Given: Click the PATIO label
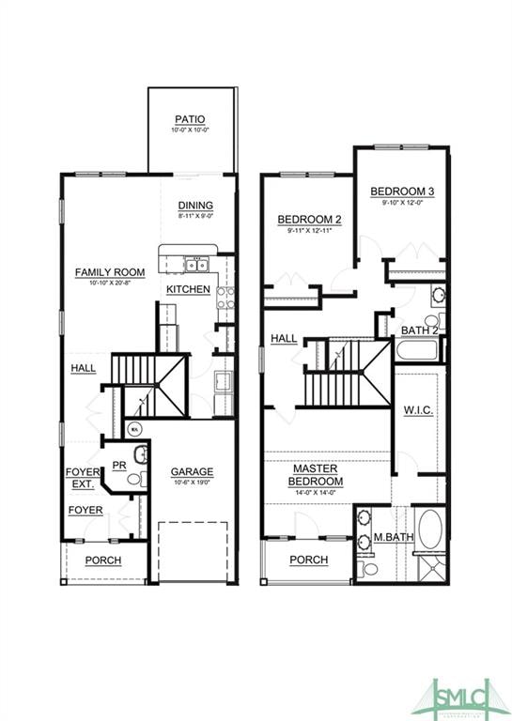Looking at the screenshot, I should coord(190,119).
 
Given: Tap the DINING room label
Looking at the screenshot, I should coord(195,206).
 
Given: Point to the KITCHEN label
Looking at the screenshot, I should coord(188,289).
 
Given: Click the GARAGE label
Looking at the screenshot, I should coord(192,471).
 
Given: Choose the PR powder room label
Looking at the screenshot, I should coord(119,465).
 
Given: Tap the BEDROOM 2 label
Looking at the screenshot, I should coord(309,220).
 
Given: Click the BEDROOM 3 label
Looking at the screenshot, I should coord(401,192).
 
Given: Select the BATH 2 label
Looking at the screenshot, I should coord(419,330).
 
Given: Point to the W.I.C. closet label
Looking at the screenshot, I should coord(418,410).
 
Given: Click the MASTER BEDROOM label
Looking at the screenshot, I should coord(316,474).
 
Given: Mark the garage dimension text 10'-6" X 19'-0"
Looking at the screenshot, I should coord(192,483).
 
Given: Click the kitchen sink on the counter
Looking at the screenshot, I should coord(195,264).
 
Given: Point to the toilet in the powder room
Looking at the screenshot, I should coord(132,479).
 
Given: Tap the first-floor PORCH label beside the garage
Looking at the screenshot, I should coord(103,560).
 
